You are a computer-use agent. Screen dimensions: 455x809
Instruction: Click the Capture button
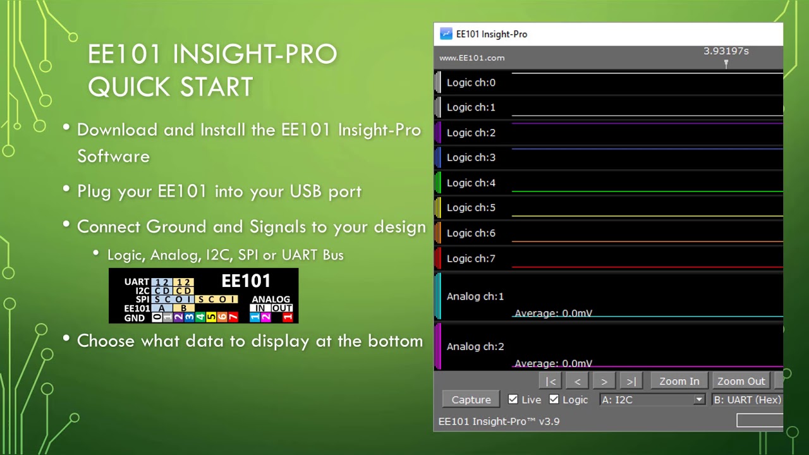point(471,399)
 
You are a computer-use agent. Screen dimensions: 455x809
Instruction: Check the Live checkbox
point(513,399)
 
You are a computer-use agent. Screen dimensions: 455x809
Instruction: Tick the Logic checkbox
point(554,399)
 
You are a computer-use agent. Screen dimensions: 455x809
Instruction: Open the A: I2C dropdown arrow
point(698,399)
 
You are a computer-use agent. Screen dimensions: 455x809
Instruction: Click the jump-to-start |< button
point(551,381)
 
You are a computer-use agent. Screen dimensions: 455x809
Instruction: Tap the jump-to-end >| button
point(631,381)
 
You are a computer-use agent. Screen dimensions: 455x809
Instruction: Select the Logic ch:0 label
point(471,83)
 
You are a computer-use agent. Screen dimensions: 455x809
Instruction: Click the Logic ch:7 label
point(471,258)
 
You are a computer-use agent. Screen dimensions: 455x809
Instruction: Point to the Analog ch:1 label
point(475,296)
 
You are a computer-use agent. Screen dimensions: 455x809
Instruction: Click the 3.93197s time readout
point(726,51)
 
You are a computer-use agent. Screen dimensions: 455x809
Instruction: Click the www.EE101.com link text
point(471,58)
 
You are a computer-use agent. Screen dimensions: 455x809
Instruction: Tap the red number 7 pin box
point(233,317)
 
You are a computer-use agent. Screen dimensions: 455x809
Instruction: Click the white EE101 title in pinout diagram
point(246,281)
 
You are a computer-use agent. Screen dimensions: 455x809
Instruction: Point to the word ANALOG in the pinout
point(271,300)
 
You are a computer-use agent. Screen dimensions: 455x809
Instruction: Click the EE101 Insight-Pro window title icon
point(446,34)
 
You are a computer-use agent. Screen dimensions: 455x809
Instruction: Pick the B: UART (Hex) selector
point(747,399)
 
